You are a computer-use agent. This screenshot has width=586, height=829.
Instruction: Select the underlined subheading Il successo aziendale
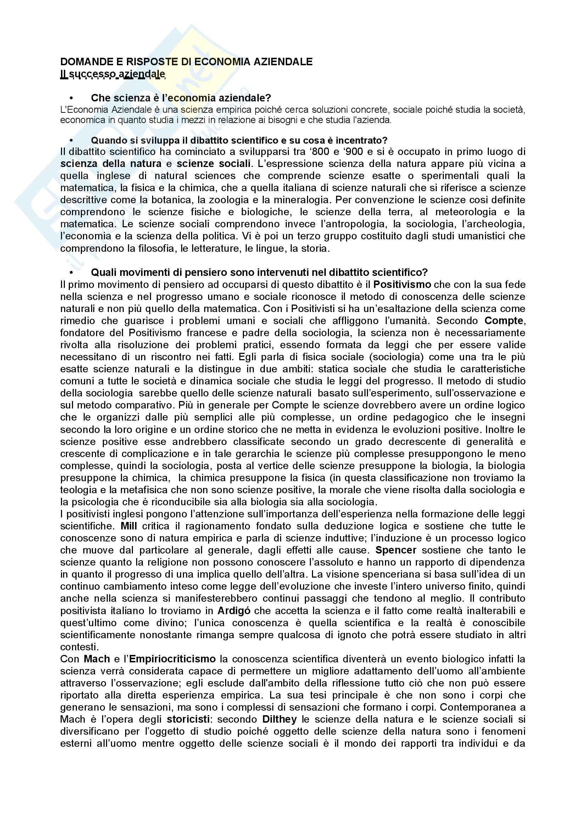tap(113, 74)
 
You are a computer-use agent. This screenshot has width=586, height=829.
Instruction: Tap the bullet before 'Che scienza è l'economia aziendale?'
tap(71, 98)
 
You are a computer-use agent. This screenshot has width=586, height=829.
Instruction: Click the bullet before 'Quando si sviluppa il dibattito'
tap(71, 140)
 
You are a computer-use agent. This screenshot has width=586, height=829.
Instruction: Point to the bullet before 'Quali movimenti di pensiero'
tap(71, 272)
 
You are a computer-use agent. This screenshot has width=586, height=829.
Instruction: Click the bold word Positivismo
tap(402, 284)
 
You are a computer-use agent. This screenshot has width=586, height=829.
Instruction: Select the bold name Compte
tap(504, 321)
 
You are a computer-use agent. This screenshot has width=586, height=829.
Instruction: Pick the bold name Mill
tap(129, 526)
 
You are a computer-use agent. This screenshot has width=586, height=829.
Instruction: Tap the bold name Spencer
tap(396, 550)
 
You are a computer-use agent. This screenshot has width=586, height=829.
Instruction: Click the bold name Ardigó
tap(234, 611)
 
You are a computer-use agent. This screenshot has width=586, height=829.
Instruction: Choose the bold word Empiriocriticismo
tap(172, 659)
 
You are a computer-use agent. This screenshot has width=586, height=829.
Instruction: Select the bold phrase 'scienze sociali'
tap(213, 163)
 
